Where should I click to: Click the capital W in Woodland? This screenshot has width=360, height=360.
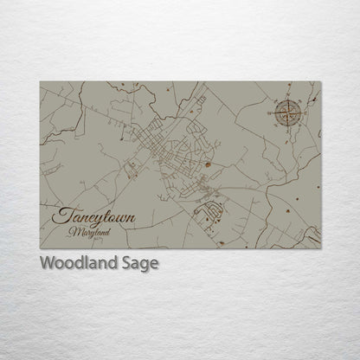(x=46, y=264)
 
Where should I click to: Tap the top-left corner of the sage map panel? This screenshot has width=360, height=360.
(x=40, y=82)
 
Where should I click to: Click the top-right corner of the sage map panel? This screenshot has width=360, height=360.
(x=321, y=82)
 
